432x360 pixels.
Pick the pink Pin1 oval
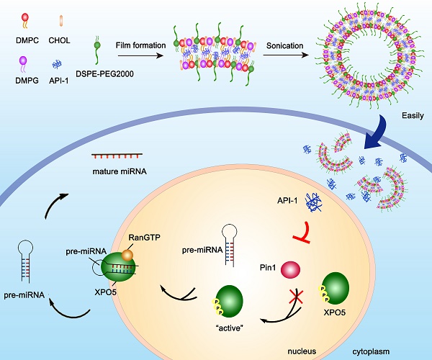point(291,269)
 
